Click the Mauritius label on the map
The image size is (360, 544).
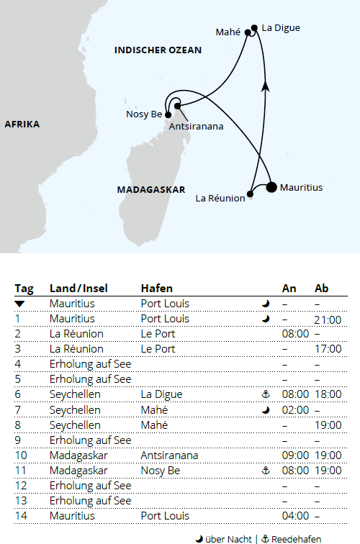[301, 188]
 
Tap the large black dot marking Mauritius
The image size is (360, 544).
[271, 188]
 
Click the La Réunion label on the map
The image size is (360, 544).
[220, 199]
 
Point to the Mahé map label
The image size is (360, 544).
[228, 32]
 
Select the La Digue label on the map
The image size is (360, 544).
[281, 28]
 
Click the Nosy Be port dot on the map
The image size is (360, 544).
[168, 114]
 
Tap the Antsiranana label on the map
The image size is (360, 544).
[195, 126]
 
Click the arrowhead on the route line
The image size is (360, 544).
[266, 86]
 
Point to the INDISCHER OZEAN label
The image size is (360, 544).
[158, 50]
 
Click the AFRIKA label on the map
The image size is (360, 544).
[22, 124]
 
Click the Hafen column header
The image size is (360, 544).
[156, 289]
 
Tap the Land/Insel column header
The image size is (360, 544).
[78, 289]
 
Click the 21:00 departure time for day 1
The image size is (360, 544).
[328, 319]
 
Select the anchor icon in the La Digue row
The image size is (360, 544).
[266, 394]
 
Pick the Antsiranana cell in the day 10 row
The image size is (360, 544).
[170, 455]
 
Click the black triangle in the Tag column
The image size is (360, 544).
[19, 304]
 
